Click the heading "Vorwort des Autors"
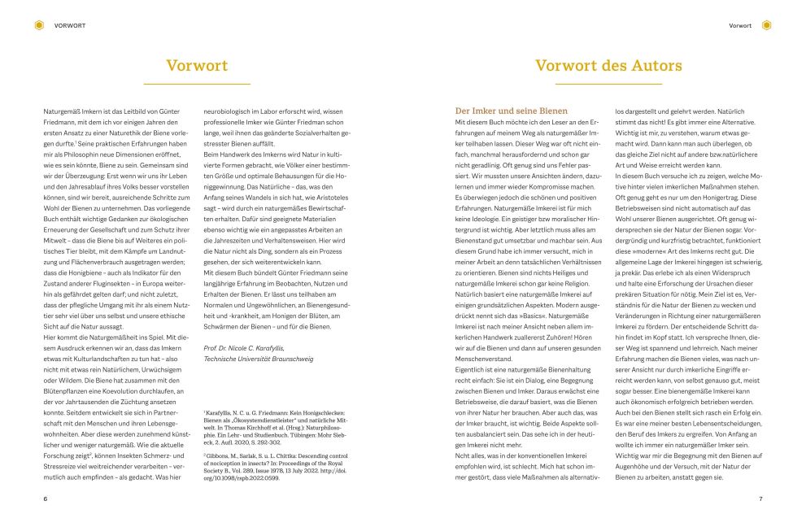(x=608, y=65)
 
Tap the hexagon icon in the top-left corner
(x=39, y=25)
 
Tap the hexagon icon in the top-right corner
(x=766, y=25)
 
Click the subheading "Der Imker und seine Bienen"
(x=511, y=110)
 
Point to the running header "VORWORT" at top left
(x=70, y=26)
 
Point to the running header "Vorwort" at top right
(x=740, y=26)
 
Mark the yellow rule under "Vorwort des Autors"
(x=608, y=83)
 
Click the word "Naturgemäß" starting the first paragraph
(x=63, y=110)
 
